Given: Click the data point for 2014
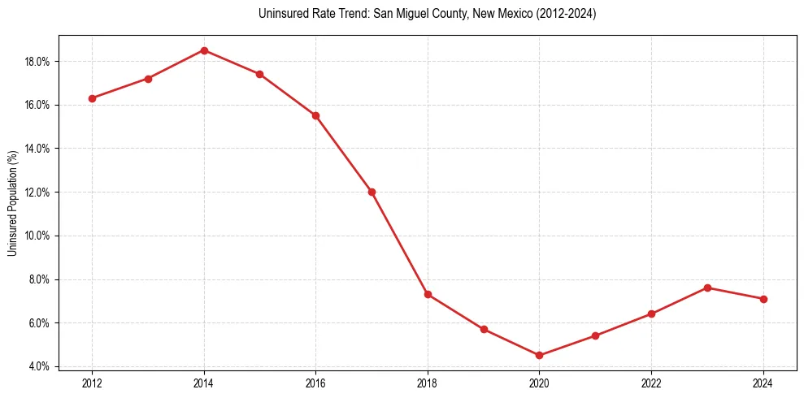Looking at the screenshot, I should coord(204,50).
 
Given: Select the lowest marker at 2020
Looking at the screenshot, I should coord(539,355).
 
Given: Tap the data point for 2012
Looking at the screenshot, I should coord(92,98).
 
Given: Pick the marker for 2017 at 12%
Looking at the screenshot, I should coord(372,192).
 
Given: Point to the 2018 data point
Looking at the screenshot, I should coord(428,294).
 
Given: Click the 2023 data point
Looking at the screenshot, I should coord(707,288).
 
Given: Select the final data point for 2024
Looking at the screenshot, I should coord(763,299).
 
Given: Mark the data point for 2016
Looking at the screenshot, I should coord(315,115).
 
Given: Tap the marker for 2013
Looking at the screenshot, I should coord(148,79).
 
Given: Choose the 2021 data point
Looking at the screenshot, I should coord(595,335).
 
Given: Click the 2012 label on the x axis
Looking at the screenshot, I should coord(92,383).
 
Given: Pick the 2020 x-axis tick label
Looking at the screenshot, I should coord(539,383).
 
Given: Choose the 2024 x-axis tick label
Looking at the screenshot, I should coord(763,383).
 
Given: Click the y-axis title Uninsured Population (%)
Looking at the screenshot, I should coord(12,203).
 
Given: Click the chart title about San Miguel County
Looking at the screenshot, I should coord(427,14).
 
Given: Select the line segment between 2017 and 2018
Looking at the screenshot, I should coord(399,243).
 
